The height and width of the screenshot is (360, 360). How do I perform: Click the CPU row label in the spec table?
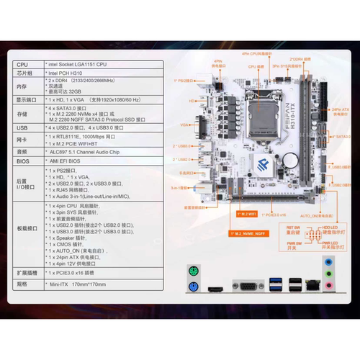22,64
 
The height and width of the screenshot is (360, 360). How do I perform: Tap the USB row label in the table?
22,127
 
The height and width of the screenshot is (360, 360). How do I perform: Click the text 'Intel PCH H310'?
66,73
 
